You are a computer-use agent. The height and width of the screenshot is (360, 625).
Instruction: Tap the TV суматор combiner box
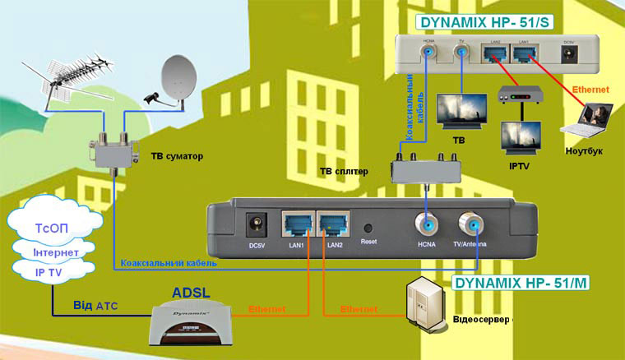click(x=113, y=146)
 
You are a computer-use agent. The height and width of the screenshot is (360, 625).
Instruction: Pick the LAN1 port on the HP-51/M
click(x=295, y=224)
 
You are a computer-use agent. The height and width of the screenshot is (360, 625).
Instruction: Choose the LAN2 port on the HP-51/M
click(x=334, y=224)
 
